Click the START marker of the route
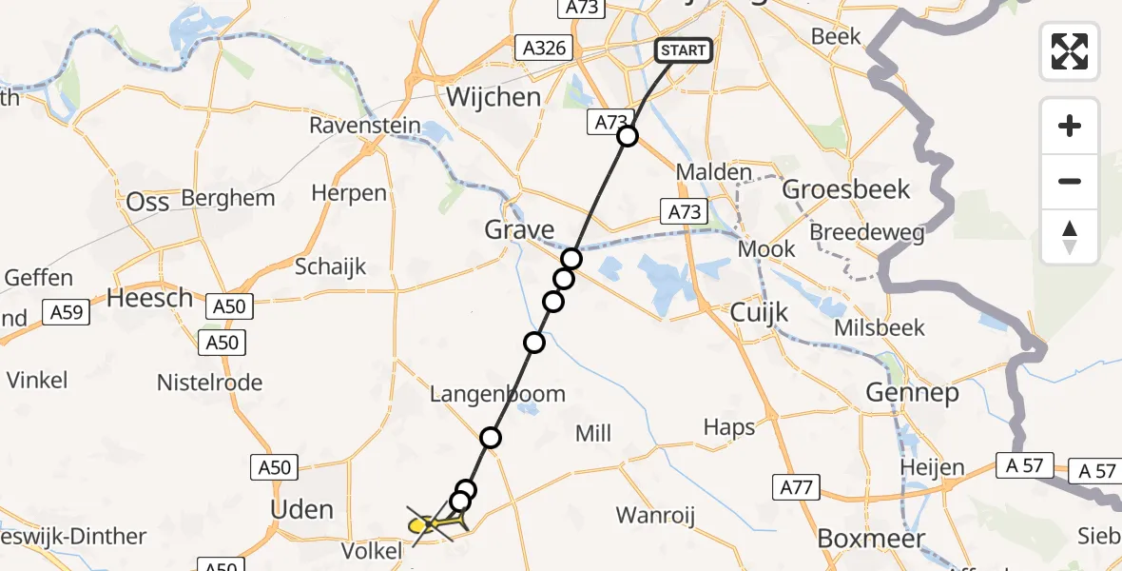click(x=683, y=50)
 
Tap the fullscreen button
click(x=1070, y=50)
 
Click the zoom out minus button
click(x=1070, y=182)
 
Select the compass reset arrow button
click(x=1070, y=237)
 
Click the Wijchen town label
click(x=493, y=97)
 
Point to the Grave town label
click(x=519, y=229)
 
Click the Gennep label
click(x=912, y=391)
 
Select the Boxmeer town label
click(x=871, y=539)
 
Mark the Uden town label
click(x=301, y=509)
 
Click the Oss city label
click(x=147, y=202)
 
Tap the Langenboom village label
click(x=497, y=394)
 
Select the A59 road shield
click(x=67, y=311)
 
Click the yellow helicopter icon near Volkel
click(x=426, y=522)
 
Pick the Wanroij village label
click(x=655, y=516)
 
